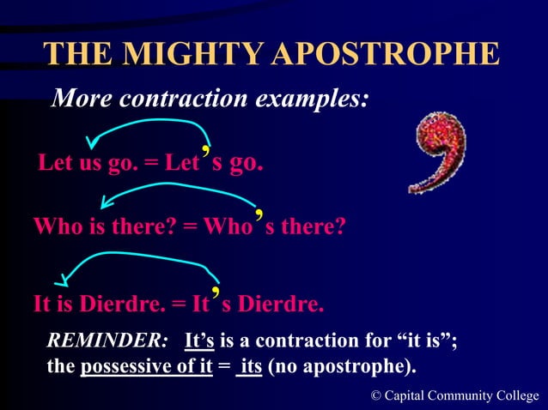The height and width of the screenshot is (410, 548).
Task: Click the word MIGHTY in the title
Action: coord(191,54)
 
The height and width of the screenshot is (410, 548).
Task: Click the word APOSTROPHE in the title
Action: coord(384,54)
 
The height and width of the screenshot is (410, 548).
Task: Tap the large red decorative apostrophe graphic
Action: coord(438,154)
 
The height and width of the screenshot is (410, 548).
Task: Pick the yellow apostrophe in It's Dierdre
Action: coord(218,292)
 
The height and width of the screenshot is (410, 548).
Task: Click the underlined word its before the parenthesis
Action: coord(250,367)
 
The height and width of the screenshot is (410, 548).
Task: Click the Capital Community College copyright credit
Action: coord(455,395)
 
